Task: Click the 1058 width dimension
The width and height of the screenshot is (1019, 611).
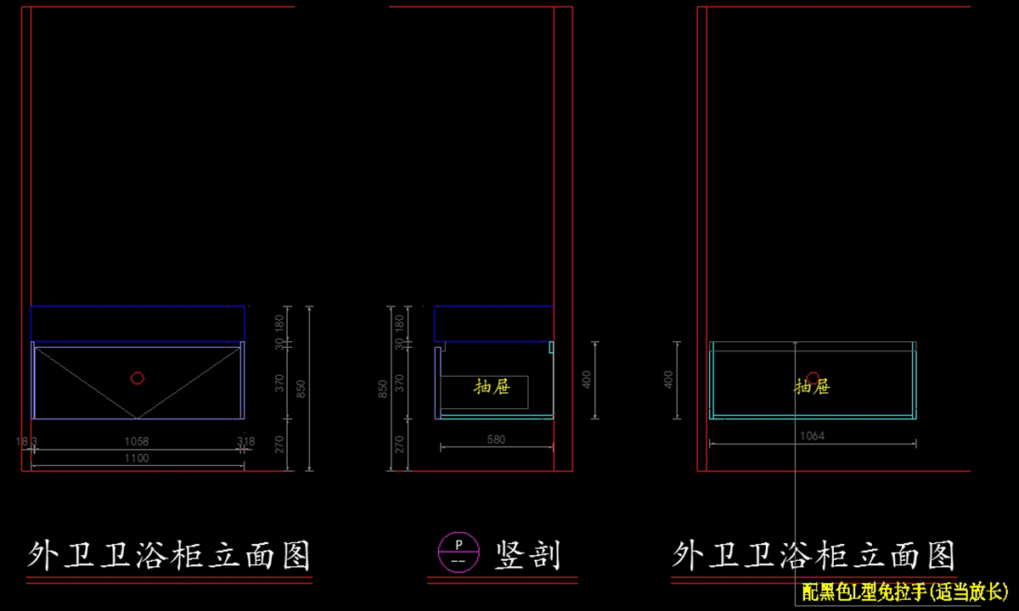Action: [137, 441]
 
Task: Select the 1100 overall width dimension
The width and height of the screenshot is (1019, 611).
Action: [137, 458]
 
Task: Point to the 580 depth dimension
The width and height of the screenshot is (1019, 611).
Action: [496, 440]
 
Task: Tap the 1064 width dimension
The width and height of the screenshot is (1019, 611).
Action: [813, 436]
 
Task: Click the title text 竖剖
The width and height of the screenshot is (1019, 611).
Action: [527, 556]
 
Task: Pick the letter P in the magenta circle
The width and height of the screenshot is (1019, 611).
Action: [459, 543]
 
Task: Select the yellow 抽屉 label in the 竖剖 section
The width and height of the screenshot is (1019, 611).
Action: [492, 387]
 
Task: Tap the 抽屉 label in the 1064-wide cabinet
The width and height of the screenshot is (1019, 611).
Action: [813, 387]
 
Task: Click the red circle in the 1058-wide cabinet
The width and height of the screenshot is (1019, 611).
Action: [137, 378]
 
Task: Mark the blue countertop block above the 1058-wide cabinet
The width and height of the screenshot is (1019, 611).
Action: [138, 323]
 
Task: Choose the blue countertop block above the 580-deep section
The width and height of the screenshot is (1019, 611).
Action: [494, 323]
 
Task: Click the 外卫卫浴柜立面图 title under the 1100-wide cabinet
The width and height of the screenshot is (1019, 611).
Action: [169, 556]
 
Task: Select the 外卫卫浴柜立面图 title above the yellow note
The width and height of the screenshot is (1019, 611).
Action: [814, 556]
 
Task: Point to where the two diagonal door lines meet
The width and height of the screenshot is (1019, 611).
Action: [138, 418]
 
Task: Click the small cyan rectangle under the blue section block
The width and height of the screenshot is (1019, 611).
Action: [551, 347]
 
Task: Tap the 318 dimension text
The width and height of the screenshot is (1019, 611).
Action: [245, 441]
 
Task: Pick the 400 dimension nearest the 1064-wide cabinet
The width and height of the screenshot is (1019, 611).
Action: [668, 379]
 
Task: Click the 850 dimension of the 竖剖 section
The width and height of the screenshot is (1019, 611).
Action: [384, 389]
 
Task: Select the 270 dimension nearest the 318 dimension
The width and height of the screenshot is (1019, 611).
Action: [280, 443]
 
